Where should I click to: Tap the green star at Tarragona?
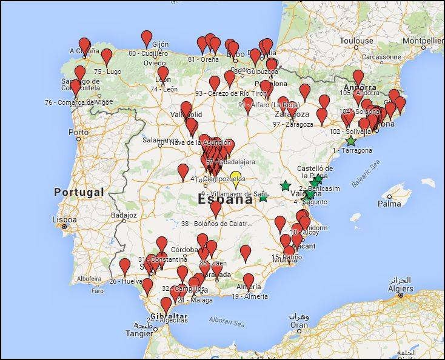351,141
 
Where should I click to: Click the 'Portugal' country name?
79,192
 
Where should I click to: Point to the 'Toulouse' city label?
356,41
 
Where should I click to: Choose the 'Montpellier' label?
423,41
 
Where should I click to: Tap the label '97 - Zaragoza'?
293,124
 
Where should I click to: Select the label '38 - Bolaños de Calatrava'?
216,224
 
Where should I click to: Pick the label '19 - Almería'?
249,296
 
